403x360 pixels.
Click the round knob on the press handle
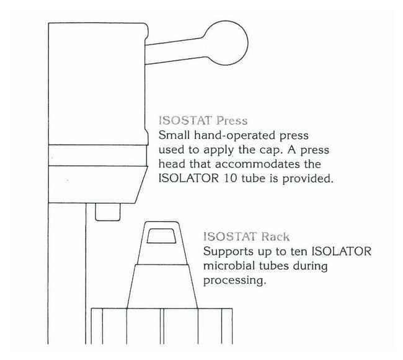click(x=227, y=43)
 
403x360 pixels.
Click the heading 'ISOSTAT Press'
click(x=203, y=121)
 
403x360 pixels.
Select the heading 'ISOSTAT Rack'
click(x=246, y=237)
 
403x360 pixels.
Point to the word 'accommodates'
click(x=257, y=164)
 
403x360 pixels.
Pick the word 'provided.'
click(x=308, y=178)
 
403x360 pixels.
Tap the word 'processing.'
click(x=234, y=281)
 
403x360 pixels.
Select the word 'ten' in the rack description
click(x=299, y=252)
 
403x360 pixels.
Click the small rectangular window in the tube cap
click(x=161, y=235)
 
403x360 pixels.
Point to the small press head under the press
click(x=108, y=212)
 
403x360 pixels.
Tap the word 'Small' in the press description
click(x=174, y=135)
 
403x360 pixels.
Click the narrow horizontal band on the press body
click(x=97, y=156)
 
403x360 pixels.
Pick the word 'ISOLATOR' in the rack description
click(x=342, y=252)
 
